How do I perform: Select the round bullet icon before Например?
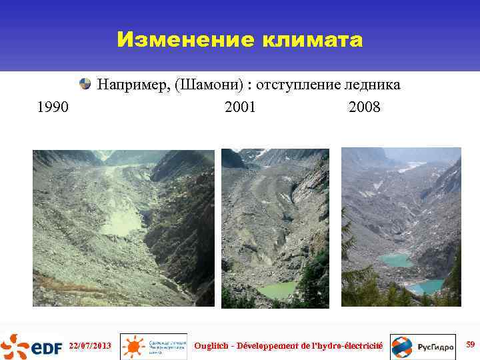(x=85, y=84)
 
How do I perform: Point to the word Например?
(x=133, y=85)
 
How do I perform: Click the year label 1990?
(x=53, y=107)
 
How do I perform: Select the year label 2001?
(x=240, y=107)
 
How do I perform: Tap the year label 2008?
(x=364, y=107)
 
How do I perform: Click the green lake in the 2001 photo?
(x=279, y=289)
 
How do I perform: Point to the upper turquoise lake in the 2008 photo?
(x=396, y=260)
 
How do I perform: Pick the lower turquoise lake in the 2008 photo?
(x=425, y=287)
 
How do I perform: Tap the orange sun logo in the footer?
(x=134, y=346)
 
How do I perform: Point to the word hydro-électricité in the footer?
(x=349, y=345)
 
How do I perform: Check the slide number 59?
(x=470, y=345)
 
